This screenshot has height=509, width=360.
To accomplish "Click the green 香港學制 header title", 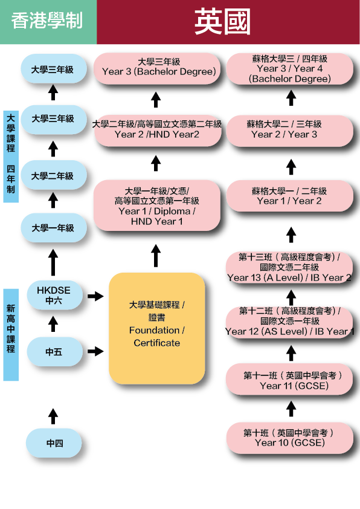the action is point(47,21).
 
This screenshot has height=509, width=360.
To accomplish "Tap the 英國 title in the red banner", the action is point(222,21).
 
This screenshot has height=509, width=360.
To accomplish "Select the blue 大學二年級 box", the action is point(54,175).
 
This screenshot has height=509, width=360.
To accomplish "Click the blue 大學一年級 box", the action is point(54,228).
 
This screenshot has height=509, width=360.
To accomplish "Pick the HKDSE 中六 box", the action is point(54,295).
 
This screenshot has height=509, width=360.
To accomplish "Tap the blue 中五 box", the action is point(54,352).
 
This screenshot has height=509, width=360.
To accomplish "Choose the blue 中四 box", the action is point(54,443).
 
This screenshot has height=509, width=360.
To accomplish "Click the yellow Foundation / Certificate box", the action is point(157,328).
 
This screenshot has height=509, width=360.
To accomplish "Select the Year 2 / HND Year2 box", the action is point(158,130).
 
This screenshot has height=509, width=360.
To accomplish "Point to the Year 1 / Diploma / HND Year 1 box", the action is point(157,206).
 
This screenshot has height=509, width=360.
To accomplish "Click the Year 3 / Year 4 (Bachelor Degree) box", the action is point(289,69).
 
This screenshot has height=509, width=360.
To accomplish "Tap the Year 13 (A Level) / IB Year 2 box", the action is point(289,267).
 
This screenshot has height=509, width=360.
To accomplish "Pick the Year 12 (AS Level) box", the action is point(289,322).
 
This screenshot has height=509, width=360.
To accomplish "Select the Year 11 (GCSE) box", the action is point(289,379).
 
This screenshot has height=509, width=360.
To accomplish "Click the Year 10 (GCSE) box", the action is point(289,438).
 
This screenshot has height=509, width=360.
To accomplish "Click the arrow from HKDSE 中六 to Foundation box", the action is point(95,296).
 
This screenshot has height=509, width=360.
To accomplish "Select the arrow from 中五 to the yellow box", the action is point(95,351).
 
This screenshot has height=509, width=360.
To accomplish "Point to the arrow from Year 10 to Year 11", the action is point(291,409).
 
